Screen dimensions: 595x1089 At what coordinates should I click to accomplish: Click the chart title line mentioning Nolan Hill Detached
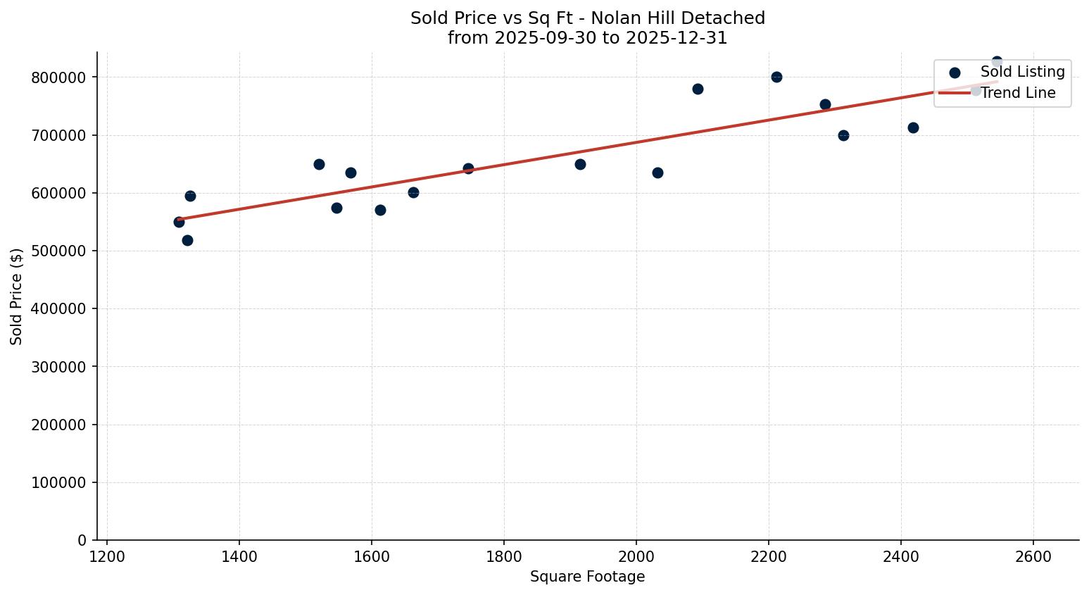(587, 18)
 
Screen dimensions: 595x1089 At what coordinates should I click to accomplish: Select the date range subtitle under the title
(587, 38)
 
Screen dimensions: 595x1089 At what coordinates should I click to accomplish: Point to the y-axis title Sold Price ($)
(17, 296)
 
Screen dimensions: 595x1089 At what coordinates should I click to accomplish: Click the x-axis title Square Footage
(587, 577)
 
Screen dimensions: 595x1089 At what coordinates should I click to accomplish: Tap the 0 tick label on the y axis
(82, 541)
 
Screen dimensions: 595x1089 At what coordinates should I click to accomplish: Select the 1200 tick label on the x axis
(107, 557)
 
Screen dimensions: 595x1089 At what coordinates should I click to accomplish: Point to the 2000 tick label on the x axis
(636, 557)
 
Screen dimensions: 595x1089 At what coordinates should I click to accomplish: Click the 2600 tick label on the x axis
(1033, 557)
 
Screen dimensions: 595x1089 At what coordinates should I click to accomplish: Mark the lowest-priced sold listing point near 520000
(187, 240)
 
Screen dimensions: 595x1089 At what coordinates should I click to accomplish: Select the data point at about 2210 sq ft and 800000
(776, 77)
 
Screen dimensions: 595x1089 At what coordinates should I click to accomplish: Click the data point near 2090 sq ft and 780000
(698, 89)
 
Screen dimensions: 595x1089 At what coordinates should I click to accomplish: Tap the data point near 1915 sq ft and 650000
(580, 164)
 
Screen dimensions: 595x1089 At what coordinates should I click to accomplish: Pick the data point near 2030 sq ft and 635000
(657, 173)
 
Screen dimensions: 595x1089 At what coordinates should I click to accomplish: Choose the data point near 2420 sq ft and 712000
(913, 127)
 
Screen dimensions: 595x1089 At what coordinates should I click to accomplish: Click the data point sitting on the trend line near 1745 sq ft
(468, 168)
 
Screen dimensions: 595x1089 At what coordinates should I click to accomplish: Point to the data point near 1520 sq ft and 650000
(319, 164)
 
